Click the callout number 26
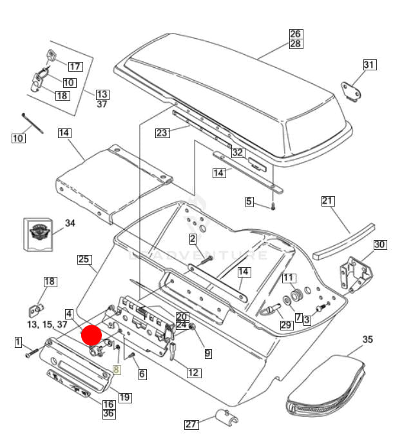coord(295,34)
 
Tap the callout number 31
coord(369,65)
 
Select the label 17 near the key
coord(75,66)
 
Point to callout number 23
coord(162,133)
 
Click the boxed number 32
coord(238,153)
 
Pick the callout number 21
coord(328,201)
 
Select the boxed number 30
coord(379,245)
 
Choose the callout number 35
coord(367,339)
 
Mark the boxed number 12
coord(193,372)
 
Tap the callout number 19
coord(124,398)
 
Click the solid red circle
coord(91,336)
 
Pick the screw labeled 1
coord(33,354)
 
